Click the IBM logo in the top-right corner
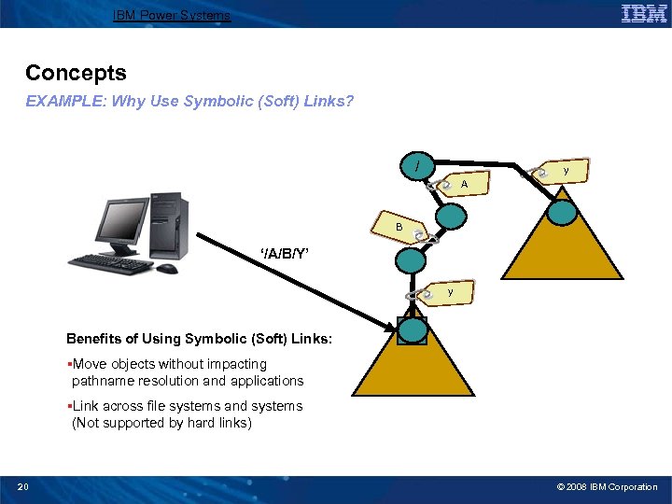point(643,13)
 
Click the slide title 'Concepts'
point(76,73)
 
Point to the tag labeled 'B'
point(399,227)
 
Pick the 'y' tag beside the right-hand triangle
point(564,172)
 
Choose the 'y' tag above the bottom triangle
point(449,293)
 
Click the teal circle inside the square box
point(412,330)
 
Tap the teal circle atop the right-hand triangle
point(563,213)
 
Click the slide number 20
point(23,486)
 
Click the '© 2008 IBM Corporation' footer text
point(607,486)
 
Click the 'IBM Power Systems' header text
point(171,15)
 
